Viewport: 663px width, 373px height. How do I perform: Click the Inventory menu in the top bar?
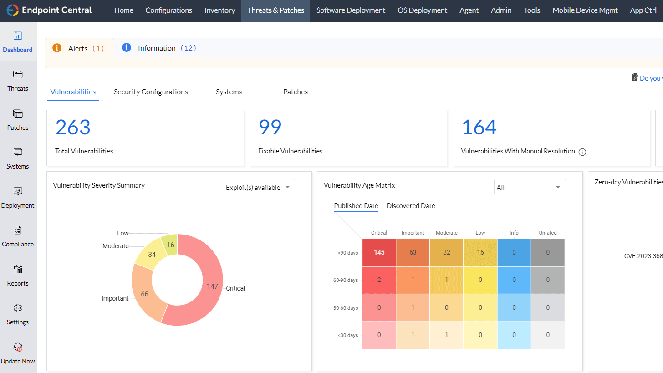pos(219,10)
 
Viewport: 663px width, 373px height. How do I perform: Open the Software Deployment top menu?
pos(351,10)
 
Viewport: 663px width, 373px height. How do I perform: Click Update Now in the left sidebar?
pos(18,353)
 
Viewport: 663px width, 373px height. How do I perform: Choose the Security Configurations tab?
pos(151,92)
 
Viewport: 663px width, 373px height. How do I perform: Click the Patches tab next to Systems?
pos(295,92)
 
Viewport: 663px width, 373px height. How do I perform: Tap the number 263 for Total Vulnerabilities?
pos(73,128)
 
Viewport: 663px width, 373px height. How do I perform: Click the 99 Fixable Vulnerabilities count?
pos(270,128)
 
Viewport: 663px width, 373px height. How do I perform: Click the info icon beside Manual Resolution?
pos(582,152)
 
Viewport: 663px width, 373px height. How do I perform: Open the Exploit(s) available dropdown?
pos(259,187)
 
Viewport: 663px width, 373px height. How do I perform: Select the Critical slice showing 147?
pos(212,286)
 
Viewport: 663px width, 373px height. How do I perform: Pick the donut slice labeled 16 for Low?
pos(170,245)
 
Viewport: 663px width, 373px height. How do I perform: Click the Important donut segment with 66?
pos(144,294)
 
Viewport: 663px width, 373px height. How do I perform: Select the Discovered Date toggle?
pos(411,206)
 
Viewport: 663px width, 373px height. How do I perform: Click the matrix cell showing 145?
pos(379,252)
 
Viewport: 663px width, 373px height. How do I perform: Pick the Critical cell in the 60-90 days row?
pos(379,280)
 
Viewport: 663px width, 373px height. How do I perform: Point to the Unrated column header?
pos(547,233)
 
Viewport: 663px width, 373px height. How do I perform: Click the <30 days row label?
pos(347,335)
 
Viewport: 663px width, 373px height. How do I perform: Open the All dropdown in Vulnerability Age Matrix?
pos(530,187)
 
